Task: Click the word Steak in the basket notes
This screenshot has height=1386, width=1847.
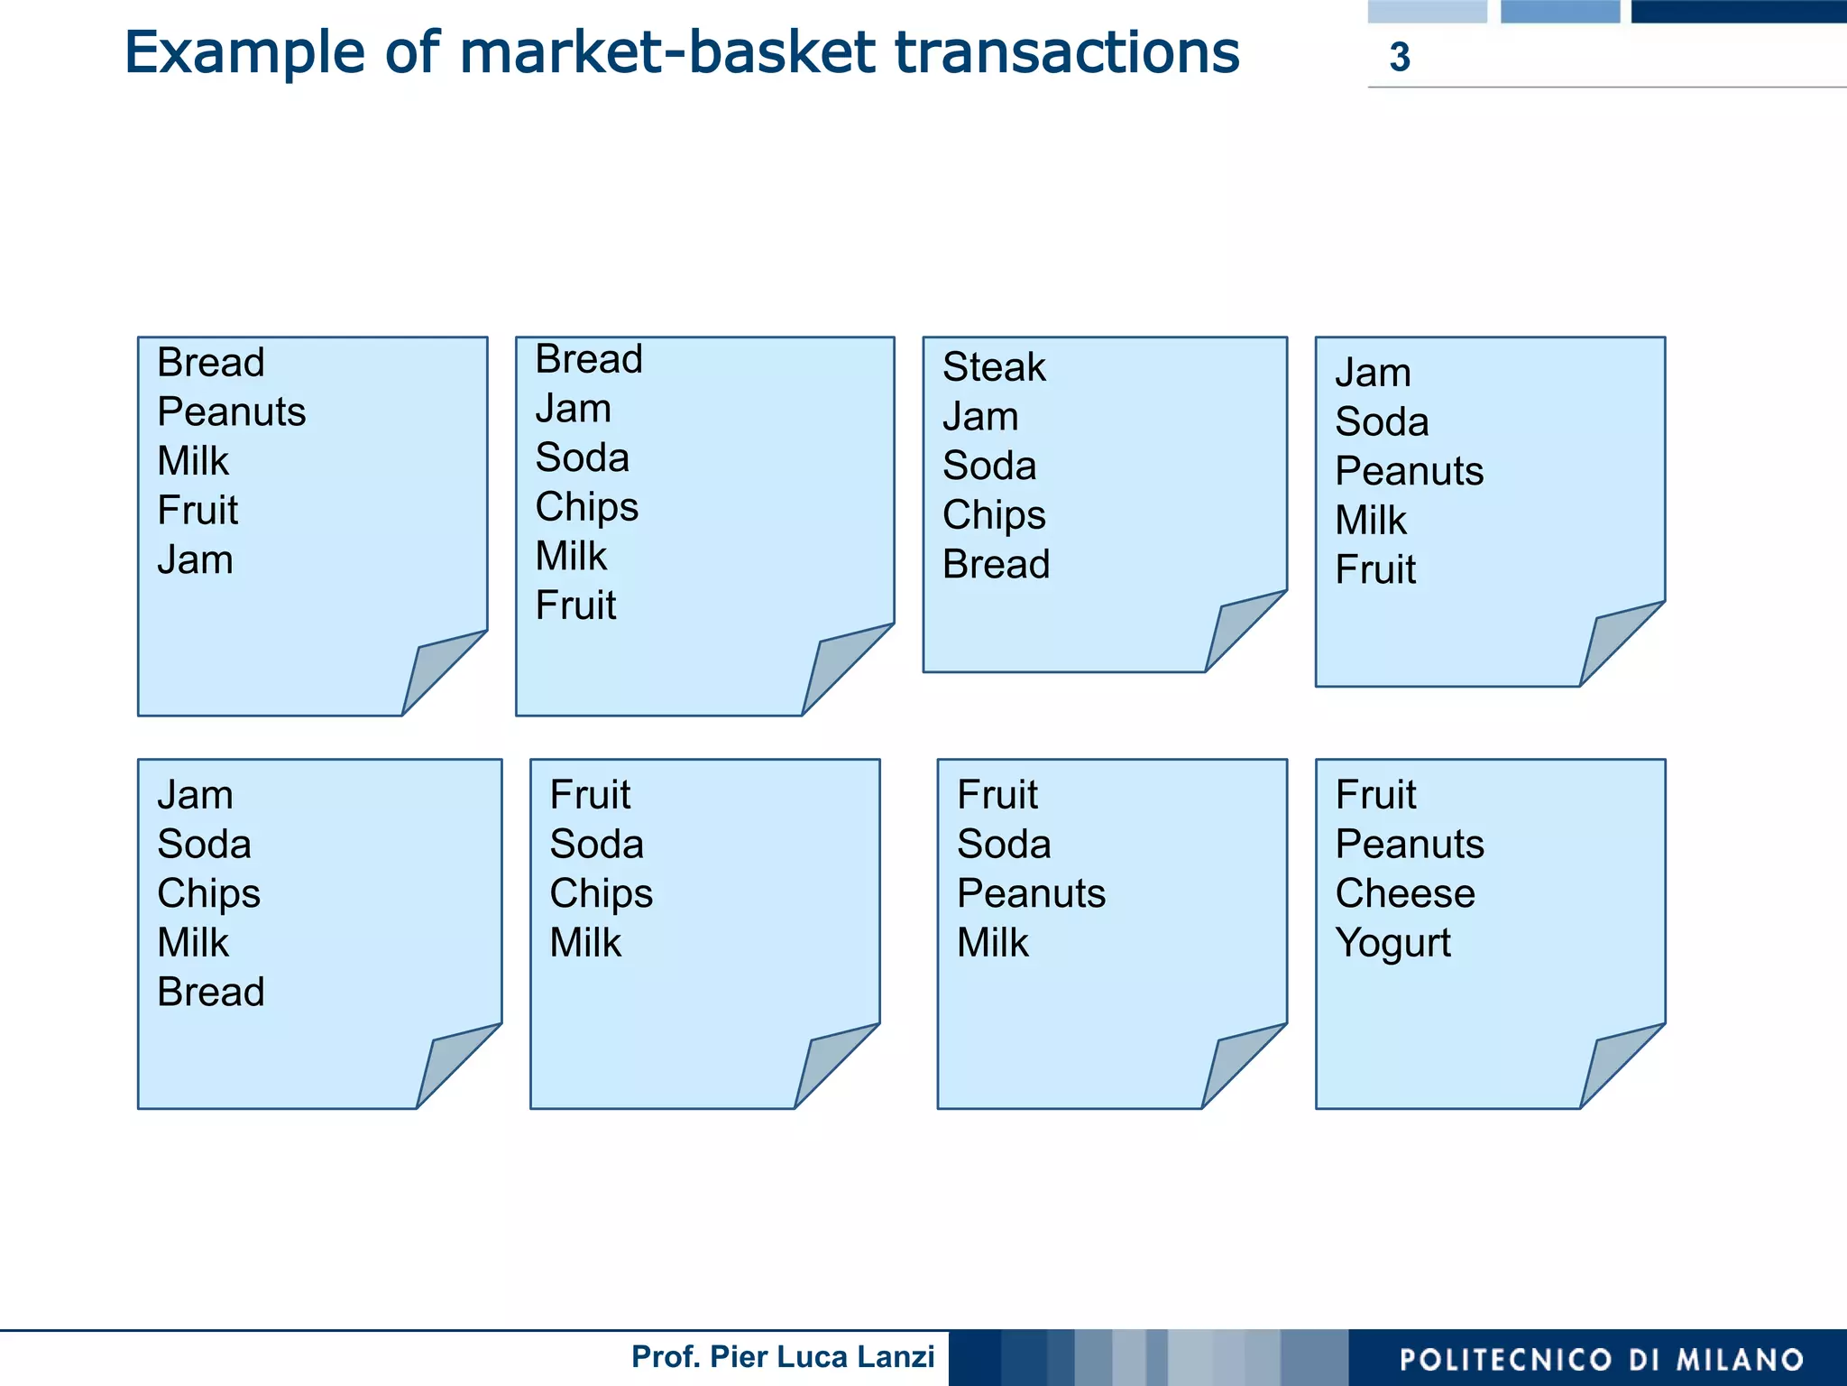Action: point(993,367)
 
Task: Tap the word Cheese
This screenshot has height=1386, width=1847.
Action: point(1404,893)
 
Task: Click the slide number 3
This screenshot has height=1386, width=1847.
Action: point(1399,57)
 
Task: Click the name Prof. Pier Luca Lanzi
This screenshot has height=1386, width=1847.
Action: point(782,1356)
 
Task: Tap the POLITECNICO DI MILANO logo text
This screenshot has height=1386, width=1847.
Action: point(1601,1359)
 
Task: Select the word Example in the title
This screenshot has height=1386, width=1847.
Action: point(244,52)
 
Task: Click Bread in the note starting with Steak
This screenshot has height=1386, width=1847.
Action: point(996,565)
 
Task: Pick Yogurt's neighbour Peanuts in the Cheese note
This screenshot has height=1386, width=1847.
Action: point(1409,845)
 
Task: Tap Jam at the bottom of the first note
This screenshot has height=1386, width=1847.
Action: point(195,560)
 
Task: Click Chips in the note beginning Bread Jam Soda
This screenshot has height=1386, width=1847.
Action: point(586,507)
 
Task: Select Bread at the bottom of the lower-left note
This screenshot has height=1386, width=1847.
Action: point(210,993)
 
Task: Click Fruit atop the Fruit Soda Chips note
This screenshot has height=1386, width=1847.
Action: point(590,795)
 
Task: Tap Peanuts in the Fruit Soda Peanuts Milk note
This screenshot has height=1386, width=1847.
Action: point(1031,893)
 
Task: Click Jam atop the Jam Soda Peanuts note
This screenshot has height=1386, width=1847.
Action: point(1373,373)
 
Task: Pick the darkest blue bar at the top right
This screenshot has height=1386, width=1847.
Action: point(1738,11)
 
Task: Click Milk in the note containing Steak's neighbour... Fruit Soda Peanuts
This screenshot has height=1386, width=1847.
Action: point(992,943)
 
